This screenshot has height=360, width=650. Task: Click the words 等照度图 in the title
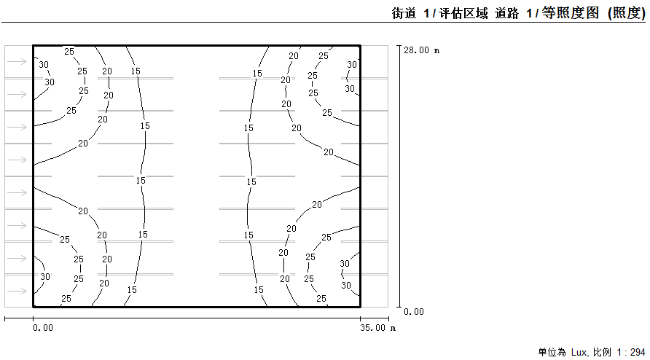click(571, 13)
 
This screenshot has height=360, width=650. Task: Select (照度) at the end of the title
click(627, 13)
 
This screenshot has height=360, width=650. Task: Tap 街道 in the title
click(404, 13)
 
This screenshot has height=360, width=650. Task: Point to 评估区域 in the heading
click(463, 13)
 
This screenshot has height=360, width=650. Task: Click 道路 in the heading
click(506, 13)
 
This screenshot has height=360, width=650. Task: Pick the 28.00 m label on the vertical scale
click(422, 50)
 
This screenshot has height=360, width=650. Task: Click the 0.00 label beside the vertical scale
click(414, 312)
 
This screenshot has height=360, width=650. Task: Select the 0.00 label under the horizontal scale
click(43, 328)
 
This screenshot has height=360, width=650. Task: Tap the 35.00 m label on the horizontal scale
click(377, 328)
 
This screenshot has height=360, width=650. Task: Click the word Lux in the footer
click(579, 353)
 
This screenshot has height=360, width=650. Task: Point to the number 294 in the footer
click(638, 353)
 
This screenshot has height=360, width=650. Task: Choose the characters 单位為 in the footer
click(552, 353)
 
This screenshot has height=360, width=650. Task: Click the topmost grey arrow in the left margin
click(17, 62)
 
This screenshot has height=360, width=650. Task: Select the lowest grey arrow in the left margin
click(17, 291)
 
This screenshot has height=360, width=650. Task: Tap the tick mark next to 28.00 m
click(399, 46)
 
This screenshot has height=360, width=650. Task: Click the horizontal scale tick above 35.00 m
click(360, 318)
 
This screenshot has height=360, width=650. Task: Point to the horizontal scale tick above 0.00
click(34, 318)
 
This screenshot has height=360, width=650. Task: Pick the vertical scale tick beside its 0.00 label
click(399, 308)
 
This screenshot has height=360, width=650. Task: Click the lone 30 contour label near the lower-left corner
click(44, 276)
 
